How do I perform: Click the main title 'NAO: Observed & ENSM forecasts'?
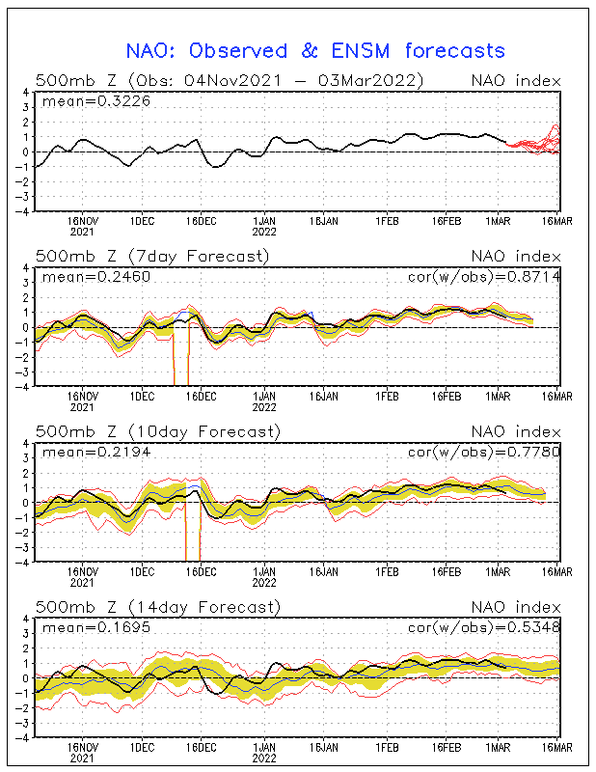point(315,50)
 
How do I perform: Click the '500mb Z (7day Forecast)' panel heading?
point(152,256)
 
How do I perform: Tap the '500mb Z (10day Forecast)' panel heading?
point(157,431)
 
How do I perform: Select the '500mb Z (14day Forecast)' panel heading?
point(157,607)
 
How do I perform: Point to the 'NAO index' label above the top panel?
point(514,80)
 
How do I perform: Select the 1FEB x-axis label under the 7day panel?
point(388,395)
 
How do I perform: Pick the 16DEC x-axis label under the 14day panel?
point(201,746)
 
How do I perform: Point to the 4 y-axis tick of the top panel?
point(25,93)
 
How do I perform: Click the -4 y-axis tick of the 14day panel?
point(22,736)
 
